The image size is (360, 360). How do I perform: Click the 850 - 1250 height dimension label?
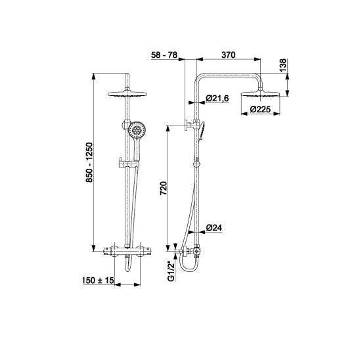click(89, 162)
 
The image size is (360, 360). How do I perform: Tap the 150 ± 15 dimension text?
click(99, 280)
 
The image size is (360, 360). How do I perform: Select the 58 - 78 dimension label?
click(164, 55)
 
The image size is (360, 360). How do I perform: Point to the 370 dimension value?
click(229, 55)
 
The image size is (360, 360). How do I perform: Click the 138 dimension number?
click(283, 65)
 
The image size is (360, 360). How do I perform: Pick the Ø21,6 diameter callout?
click(217, 99)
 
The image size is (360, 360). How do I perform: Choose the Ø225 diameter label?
click(260, 109)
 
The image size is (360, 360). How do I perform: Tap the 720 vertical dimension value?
click(164, 189)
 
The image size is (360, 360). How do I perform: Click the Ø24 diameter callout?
click(214, 228)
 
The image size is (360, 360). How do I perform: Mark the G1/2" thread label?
click(171, 271)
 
